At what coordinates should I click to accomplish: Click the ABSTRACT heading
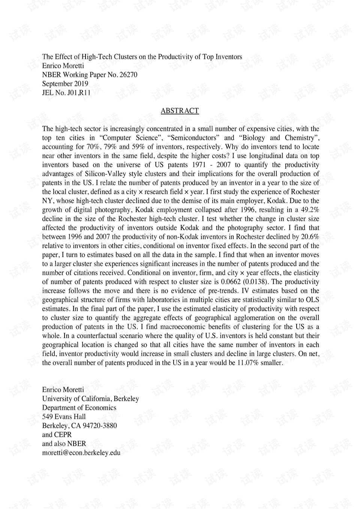pos(180,111)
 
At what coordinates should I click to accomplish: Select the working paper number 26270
pos(128,75)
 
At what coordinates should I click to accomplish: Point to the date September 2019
pos(65,84)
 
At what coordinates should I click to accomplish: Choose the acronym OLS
pos(312,300)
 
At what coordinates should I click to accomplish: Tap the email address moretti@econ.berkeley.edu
pos(81,453)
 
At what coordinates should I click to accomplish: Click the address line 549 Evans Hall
pos(64,417)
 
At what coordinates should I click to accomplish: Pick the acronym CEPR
pos(63,435)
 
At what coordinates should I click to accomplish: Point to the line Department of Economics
pos(79,408)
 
